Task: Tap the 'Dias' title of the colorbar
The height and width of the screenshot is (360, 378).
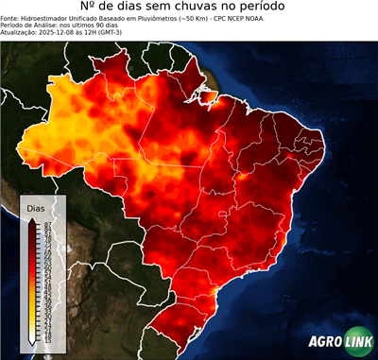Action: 36,207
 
